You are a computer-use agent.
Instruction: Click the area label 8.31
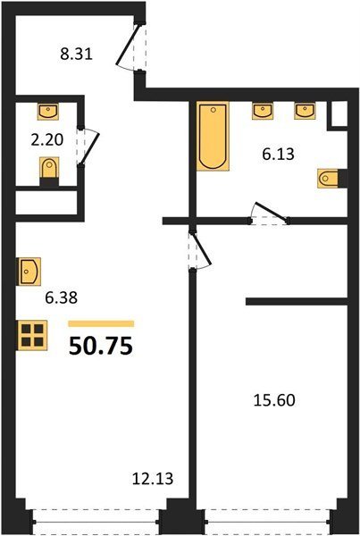pos(77,54)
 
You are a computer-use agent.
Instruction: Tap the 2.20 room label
pos(47,140)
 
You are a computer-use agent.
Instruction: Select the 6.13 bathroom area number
pos(278,155)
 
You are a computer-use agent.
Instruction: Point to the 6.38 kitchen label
pos(62,297)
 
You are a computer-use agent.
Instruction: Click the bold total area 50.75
pos(101,346)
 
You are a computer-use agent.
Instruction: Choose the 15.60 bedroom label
pos(274,400)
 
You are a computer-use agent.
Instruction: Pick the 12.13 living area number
pos(153,479)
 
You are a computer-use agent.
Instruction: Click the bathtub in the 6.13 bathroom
pos(213,136)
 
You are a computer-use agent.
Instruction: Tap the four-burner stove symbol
pos(32,335)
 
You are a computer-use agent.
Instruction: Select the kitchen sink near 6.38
pos(29,272)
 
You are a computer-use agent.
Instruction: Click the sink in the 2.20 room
pos(48,112)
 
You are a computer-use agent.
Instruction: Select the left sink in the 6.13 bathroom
pos(263,111)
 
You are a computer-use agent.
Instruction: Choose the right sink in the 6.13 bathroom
pos(305,111)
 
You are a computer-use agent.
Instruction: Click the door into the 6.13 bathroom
pos(270,213)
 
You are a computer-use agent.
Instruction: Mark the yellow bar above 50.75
pos(101,323)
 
